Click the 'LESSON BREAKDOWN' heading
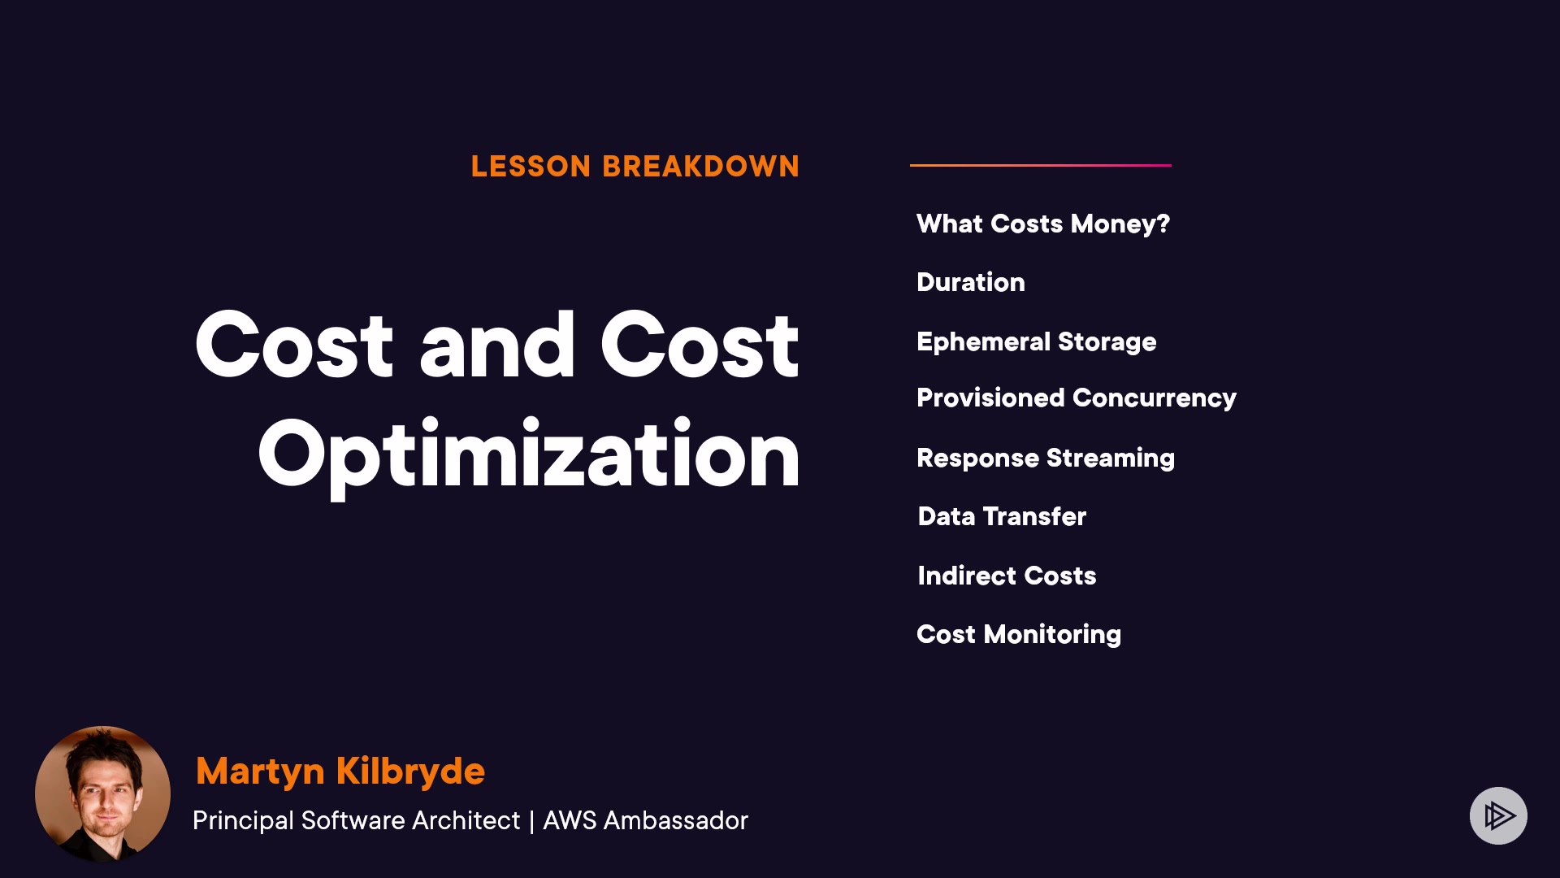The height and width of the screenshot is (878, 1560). [x=635, y=167]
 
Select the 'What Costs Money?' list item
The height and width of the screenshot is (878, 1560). [x=1043, y=224]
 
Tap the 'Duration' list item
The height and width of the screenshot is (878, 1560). [x=971, y=282]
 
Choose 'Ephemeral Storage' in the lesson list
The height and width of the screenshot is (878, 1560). [x=1037, y=342]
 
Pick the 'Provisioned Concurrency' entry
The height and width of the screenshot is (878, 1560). [x=1077, y=398]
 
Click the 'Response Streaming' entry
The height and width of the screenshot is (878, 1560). [x=1046, y=459]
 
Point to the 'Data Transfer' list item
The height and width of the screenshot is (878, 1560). [x=1002, y=516]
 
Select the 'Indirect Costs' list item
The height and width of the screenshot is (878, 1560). [x=1007, y=576]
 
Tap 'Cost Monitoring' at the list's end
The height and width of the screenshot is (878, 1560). [x=1019, y=635]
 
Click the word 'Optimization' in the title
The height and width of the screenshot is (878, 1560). [x=530, y=456]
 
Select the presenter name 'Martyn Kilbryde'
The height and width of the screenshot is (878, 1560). [x=340, y=772]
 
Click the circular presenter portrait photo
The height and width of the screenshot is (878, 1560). [x=102, y=793]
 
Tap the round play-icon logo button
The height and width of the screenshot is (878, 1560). [x=1498, y=815]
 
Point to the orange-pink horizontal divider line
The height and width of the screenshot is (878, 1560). [x=1041, y=165]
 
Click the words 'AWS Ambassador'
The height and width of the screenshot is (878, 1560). [x=645, y=820]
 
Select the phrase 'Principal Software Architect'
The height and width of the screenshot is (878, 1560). [x=356, y=821]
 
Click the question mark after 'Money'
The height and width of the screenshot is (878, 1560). [x=1163, y=224]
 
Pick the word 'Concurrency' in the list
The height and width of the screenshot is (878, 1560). [x=1155, y=398]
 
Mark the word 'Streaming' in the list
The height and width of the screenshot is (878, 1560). [x=1111, y=459]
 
